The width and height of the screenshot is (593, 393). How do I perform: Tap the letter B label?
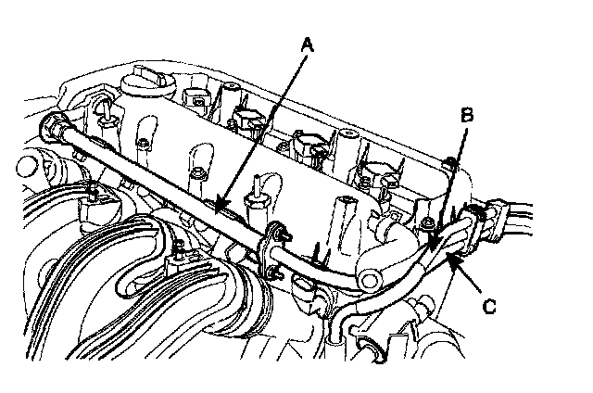pyautogui.click(x=468, y=115)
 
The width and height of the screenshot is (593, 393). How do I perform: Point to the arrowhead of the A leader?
pyautogui.click(x=215, y=208)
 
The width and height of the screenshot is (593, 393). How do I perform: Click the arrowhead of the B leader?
pyautogui.click(x=430, y=249)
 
